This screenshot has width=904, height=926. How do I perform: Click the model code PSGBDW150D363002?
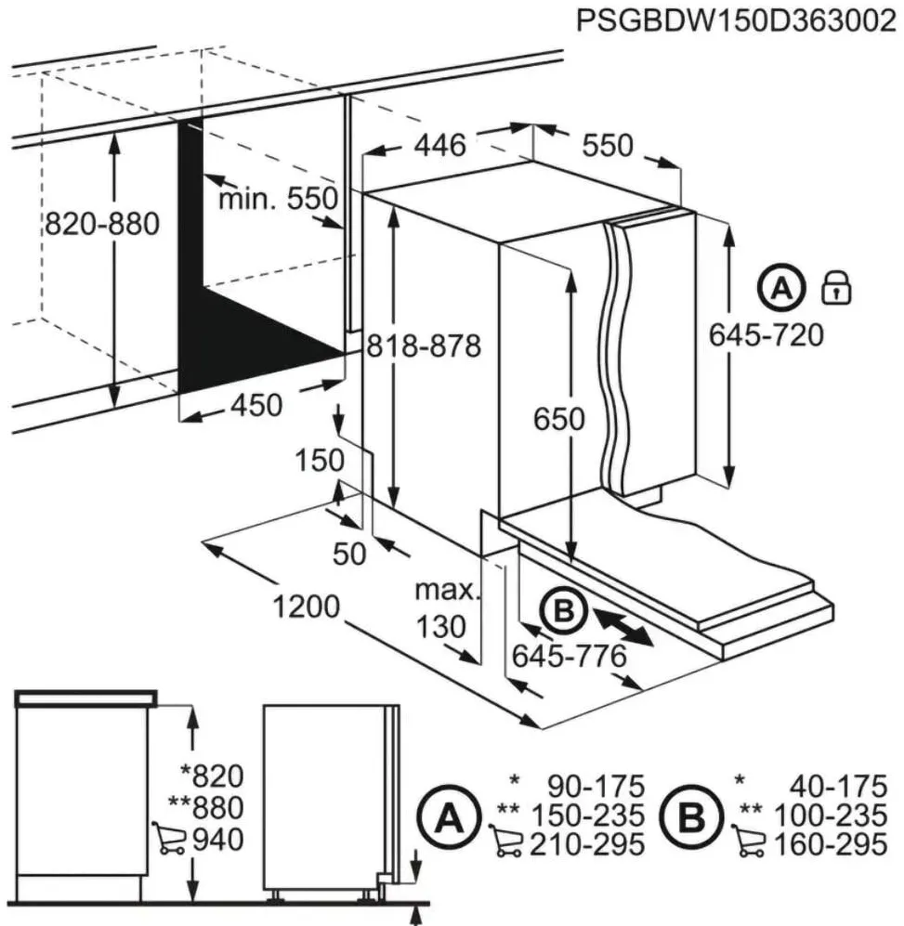[736, 21]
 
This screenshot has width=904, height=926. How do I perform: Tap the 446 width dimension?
[439, 145]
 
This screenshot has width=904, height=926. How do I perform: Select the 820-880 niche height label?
[102, 224]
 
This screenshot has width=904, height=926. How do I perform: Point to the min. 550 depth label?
[278, 199]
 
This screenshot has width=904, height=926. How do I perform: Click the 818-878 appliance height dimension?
[424, 346]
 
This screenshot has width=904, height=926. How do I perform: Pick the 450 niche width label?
[256, 405]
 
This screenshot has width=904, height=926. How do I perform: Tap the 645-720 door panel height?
[766, 335]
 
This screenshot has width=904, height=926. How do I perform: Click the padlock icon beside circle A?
[837, 288]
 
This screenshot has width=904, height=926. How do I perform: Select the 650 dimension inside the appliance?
[559, 419]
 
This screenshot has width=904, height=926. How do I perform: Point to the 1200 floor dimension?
[306, 606]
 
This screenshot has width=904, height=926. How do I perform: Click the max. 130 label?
[444, 608]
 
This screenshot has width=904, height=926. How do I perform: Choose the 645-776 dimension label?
[569, 656]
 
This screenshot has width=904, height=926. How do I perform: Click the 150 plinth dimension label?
[320, 461]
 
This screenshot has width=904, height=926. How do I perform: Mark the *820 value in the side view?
[212, 776]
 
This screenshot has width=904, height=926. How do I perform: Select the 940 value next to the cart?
[218, 840]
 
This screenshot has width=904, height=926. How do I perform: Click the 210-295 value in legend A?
[586, 844]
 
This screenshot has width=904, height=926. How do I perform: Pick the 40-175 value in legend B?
[838, 786]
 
